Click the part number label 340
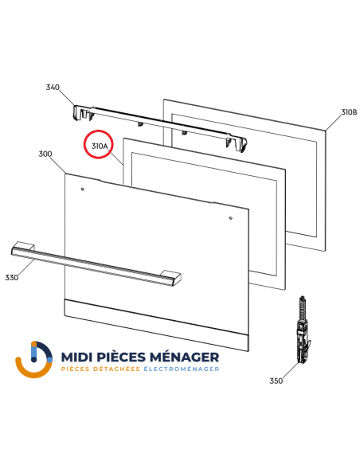point(53,87)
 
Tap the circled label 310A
point(100,147)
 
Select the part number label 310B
point(349,113)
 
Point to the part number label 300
point(45,154)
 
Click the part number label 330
point(11,277)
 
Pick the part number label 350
point(276,381)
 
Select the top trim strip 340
point(159,123)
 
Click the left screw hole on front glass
point(83,189)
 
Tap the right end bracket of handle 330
point(170,276)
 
